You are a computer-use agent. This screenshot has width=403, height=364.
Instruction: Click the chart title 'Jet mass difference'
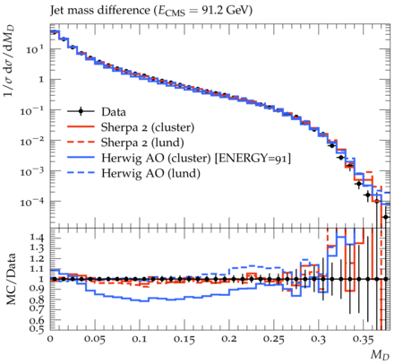coord(99,10)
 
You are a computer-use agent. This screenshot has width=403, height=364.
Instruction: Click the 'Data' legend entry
coord(114,112)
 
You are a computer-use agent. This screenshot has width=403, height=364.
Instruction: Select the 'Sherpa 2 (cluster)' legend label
coord(148,127)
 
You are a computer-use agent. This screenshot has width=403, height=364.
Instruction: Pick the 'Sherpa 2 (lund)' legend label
coord(142,143)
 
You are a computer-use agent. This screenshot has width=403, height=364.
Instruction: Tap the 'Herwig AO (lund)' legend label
coord(150,173)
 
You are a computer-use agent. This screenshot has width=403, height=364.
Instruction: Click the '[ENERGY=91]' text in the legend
coord(253,158)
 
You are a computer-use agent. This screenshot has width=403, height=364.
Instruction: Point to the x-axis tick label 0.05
coord(94,339)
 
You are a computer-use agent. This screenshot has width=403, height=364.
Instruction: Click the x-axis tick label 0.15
coord(184,339)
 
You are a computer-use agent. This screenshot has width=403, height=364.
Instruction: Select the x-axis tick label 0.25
coord(274,339)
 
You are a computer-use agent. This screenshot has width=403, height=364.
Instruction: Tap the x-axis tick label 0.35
coord(364,339)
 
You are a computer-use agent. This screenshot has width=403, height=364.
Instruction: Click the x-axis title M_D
coord(380,355)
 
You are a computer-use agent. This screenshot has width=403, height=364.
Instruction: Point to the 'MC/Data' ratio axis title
coord(11,279)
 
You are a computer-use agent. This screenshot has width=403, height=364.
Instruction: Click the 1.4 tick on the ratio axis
coord(38,238)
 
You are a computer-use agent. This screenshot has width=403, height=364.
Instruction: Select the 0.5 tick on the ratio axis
coord(38,329)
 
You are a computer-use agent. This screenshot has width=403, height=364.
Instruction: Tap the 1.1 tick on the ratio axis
coord(38,269)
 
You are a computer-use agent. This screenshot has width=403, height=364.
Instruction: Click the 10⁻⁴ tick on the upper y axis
coord(32,202)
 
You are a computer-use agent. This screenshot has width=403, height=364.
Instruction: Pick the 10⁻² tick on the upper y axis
coord(32,141)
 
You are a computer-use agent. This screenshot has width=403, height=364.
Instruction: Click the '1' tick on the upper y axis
coord(41,80)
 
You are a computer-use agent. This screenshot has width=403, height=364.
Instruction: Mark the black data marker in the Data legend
coord(81,112)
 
